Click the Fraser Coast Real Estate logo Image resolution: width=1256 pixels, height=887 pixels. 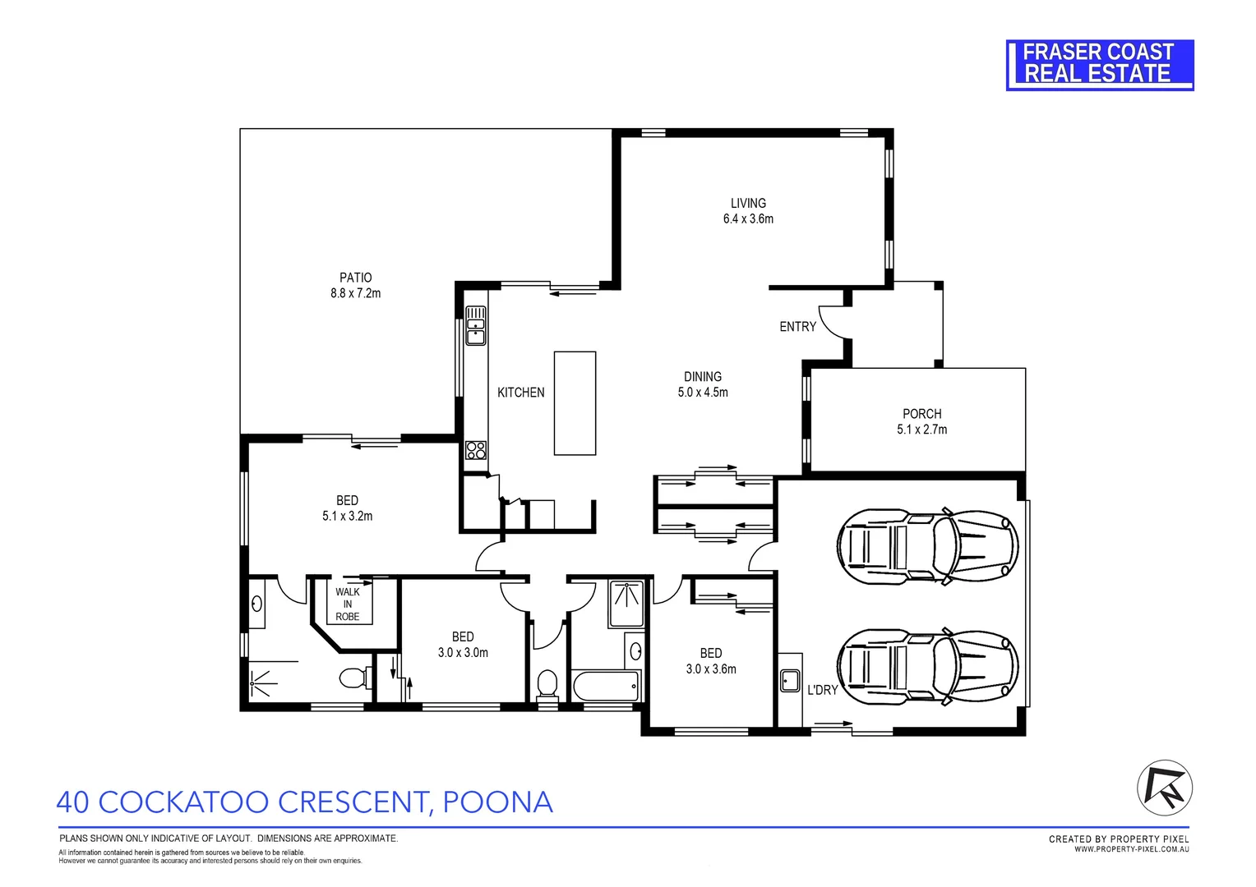pos(1099,64)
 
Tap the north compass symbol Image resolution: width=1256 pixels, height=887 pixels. pos(1164,788)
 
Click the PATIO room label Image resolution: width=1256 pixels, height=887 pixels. pos(355,278)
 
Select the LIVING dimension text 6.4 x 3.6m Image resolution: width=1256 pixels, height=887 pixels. pos(748,218)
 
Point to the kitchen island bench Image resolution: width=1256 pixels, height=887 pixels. pos(575,402)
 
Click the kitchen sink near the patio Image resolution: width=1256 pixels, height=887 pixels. pos(476,324)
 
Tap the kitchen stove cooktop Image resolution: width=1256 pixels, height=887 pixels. pos(476,449)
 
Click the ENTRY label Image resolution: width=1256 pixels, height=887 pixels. pos(797,327)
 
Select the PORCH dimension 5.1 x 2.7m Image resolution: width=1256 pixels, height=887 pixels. pos(921,430)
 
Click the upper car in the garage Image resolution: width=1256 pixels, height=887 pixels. pos(927,546)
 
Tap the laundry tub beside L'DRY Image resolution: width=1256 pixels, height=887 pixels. pos(790,680)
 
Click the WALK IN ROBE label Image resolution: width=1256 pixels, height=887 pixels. pos(347,604)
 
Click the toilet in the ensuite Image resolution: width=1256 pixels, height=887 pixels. pos(353,678)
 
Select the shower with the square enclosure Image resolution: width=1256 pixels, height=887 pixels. pos(627,604)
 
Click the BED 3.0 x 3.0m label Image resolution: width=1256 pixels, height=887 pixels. pos(463,645)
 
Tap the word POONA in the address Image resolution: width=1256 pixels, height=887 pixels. pos(497,802)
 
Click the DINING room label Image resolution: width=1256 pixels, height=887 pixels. pos(702,377)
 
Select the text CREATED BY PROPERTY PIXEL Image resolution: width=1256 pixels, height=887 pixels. pos(1119,839)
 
